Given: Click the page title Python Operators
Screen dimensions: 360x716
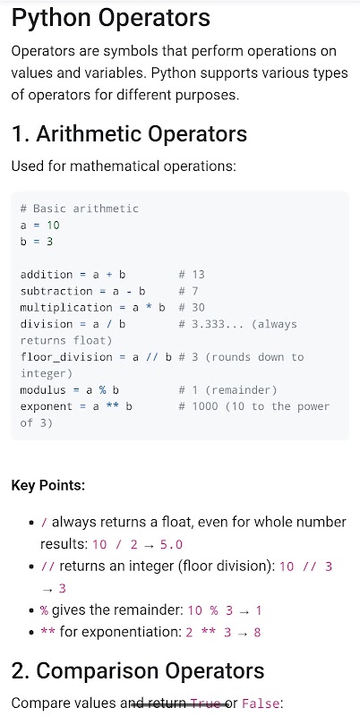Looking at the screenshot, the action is [x=110, y=19].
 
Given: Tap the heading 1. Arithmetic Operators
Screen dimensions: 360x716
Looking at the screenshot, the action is [x=129, y=133].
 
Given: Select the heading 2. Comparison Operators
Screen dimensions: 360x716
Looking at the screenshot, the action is [x=138, y=670].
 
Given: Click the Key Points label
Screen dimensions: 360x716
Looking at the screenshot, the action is [x=48, y=485].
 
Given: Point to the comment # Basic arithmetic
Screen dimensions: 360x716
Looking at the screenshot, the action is [x=79, y=209].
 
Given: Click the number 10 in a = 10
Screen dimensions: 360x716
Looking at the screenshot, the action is [x=53, y=226].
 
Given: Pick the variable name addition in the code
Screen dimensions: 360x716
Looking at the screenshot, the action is [x=47, y=275].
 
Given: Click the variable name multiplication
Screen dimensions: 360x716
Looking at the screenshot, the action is [x=66, y=307].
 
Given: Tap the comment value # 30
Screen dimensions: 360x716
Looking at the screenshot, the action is [x=192, y=307].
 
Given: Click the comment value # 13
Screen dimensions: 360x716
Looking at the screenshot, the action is [x=192, y=275].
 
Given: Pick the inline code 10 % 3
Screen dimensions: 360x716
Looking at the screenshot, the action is [x=208, y=610].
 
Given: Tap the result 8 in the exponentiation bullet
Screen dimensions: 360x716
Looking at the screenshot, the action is [x=257, y=633].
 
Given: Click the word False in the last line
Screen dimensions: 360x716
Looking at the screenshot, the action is [x=260, y=703].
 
